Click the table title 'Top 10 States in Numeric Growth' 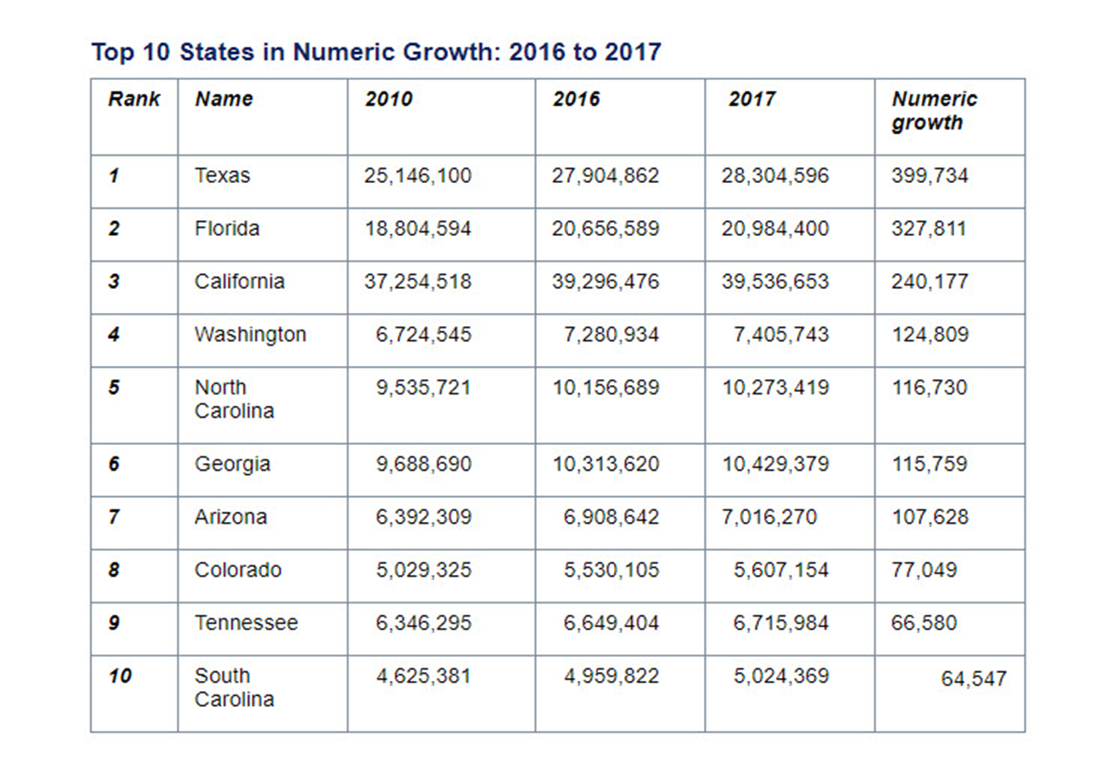[x=375, y=52]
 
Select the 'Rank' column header [x=134, y=100]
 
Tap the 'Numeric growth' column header [x=934, y=111]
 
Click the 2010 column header [x=388, y=100]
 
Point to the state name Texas [x=222, y=176]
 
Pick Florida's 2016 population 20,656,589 [x=605, y=229]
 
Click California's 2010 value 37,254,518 [x=418, y=282]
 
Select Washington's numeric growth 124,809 [x=930, y=335]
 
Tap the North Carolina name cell [x=234, y=399]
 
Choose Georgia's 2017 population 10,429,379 [x=775, y=465]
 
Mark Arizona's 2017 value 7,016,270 [x=769, y=518]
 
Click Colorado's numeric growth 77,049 [x=924, y=571]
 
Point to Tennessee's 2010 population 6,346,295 [x=423, y=624]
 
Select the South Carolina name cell [x=234, y=688]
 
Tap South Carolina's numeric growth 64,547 [x=974, y=679]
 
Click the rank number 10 [x=121, y=676]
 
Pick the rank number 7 [x=114, y=518]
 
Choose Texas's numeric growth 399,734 [x=930, y=176]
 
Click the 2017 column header [x=752, y=100]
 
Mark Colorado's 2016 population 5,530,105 [x=610, y=571]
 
